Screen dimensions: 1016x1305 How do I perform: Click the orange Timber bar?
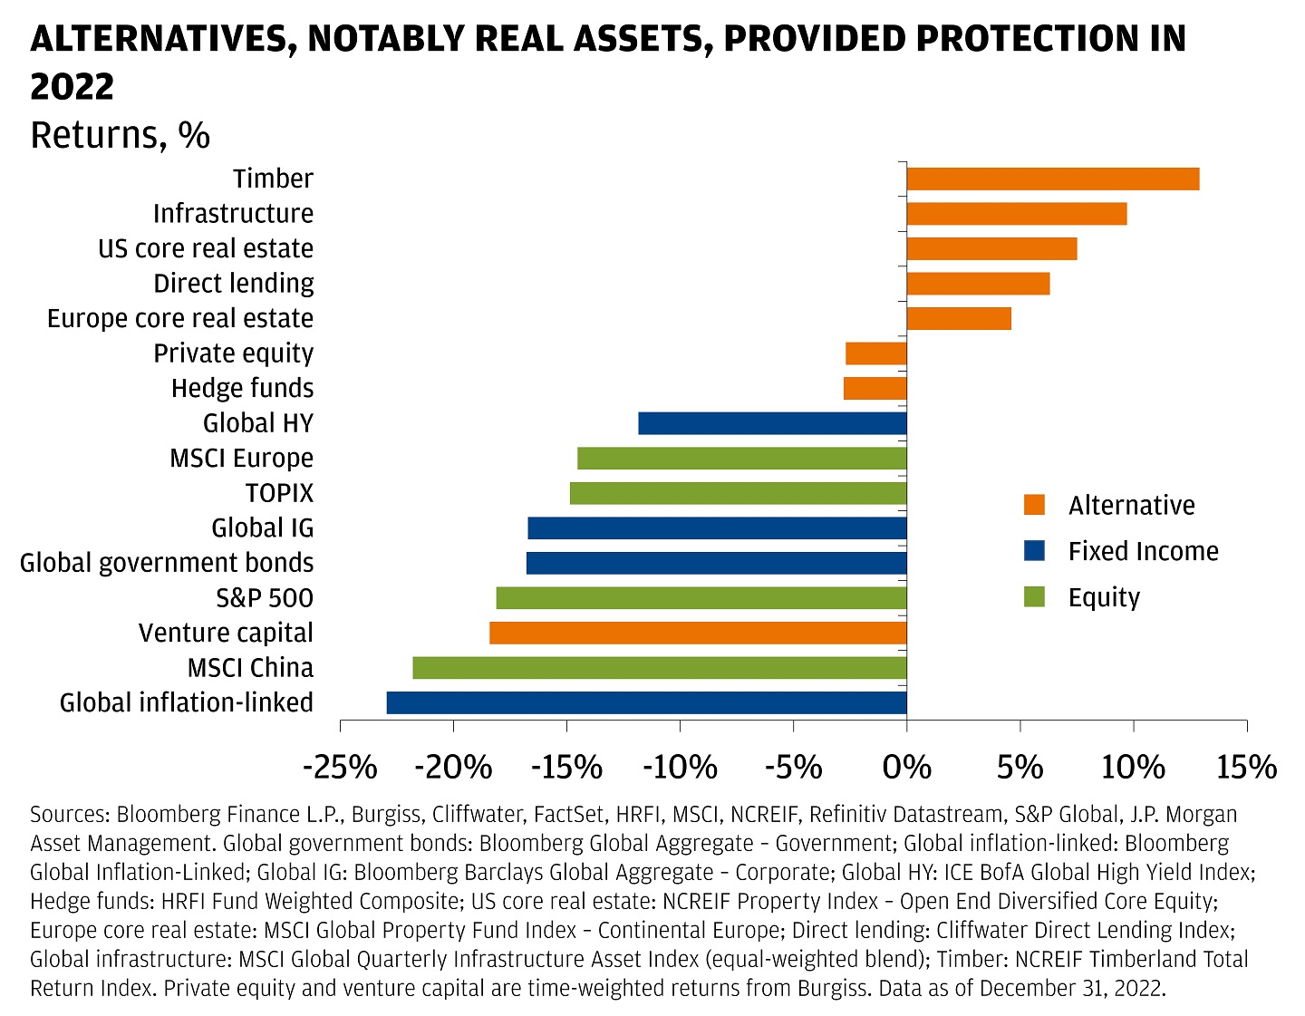tap(1052, 179)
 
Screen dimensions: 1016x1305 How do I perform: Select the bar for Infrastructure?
tap(1016, 214)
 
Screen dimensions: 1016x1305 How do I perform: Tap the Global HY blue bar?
tap(772, 423)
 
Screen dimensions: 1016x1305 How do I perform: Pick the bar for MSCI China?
tap(659, 668)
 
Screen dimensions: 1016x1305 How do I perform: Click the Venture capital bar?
tap(698, 633)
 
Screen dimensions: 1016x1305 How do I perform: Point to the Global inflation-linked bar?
tap(646, 702)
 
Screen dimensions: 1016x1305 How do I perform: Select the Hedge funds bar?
tap(875, 389)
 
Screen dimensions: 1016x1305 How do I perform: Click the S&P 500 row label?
tap(265, 598)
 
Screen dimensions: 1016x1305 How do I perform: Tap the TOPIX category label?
tap(279, 493)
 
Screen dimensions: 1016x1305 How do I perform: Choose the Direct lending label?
tap(234, 284)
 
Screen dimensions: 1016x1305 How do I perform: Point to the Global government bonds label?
tap(167, 563)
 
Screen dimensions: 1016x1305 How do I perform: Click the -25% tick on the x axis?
tap(340, 768)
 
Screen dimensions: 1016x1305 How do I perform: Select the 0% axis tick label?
tap(906, 768)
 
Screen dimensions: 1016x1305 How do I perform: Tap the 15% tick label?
tap(1246, 768)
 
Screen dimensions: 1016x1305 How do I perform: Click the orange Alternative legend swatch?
tap(1034, 505)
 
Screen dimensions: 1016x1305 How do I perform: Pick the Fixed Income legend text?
tap(1143, 551)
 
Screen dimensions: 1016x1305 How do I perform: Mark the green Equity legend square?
tap(1034, 597)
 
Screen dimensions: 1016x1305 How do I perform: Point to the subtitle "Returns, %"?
tap(121, 136)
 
